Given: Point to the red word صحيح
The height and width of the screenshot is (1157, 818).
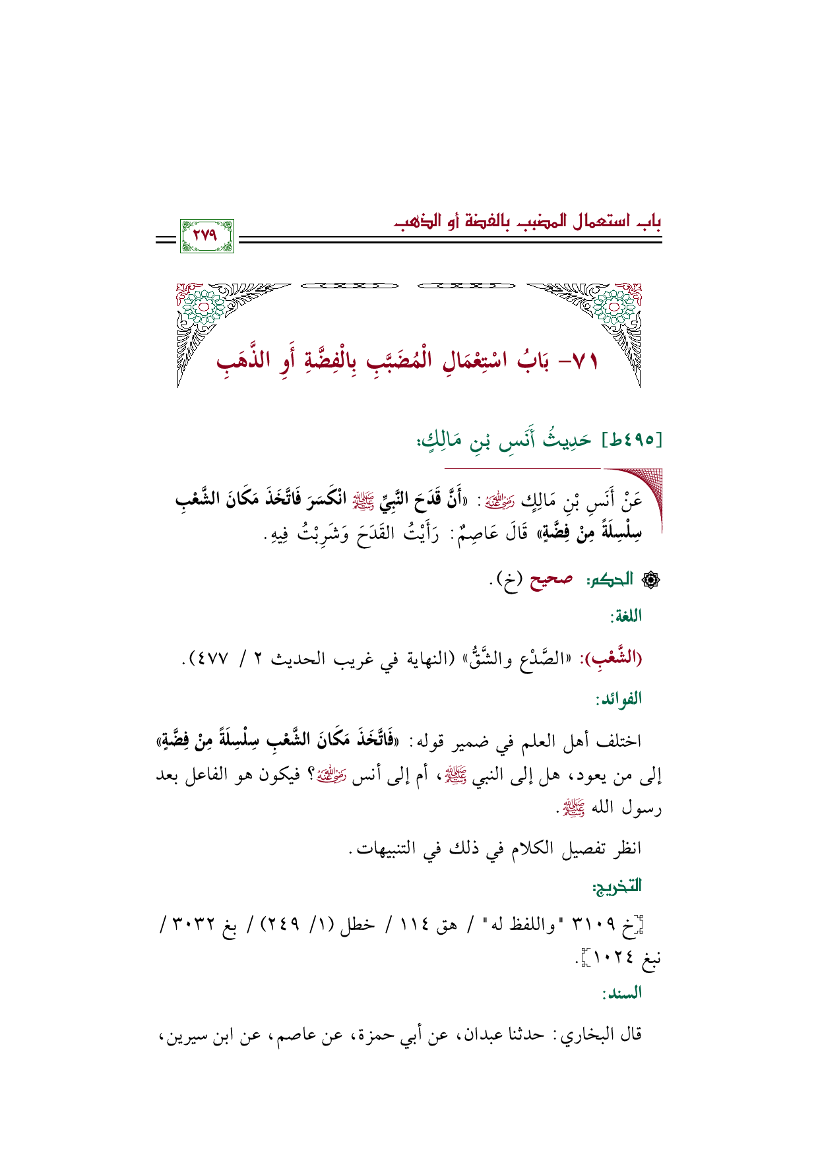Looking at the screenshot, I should (550, 579).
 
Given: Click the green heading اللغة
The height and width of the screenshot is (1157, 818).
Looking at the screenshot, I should (626, 617).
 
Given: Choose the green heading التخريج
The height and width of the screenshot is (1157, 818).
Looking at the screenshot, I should (617, 887).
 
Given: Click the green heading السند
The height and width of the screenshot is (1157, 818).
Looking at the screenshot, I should (623, 992).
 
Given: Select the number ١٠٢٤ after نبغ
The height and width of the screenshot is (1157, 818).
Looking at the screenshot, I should (609, 958).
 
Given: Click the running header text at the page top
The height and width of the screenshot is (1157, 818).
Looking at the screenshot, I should (527, 220).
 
